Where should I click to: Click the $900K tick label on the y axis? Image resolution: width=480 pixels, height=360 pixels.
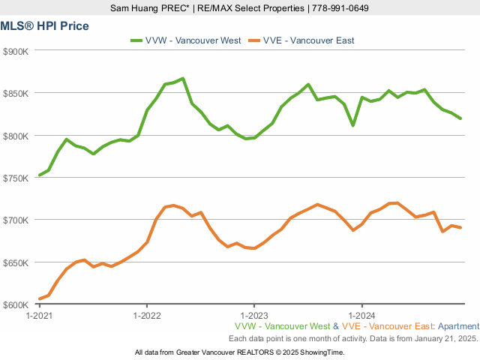point(16,51)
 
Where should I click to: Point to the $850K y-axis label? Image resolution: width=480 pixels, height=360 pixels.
point(16,93)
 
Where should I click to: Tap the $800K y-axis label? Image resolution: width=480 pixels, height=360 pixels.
point(16,136)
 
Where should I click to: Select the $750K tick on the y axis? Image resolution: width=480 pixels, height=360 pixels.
point(16,178)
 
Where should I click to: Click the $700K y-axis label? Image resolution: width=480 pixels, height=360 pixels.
point(16,220)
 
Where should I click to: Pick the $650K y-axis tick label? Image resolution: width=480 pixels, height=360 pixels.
point(16,262)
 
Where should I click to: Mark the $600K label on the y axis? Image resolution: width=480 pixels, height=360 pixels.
point(16,304)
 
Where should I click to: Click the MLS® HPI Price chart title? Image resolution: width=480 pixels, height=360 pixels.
point(45,26)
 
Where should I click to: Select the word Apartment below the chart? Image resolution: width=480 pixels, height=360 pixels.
point(458,326)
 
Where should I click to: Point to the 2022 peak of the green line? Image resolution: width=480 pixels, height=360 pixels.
point(183,78)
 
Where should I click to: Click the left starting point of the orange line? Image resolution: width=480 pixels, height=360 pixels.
point(40,299)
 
